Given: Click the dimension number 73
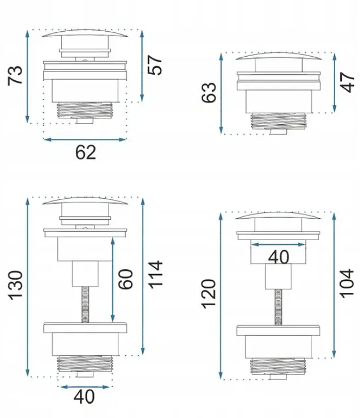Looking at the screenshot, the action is coord(15,75).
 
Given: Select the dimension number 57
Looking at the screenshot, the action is coord(155,65).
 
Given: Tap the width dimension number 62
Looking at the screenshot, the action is coord(85,152).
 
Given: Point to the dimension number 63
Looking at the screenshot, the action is coord(208,92).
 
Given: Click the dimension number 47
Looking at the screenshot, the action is coord(348,82).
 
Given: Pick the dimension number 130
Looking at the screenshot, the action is coord(15,285).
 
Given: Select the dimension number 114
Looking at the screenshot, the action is coord(155,275).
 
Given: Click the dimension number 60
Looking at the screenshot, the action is coord(125,279).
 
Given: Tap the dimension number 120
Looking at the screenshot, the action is coord(208,294).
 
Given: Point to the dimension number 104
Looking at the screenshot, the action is coord(346,283).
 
